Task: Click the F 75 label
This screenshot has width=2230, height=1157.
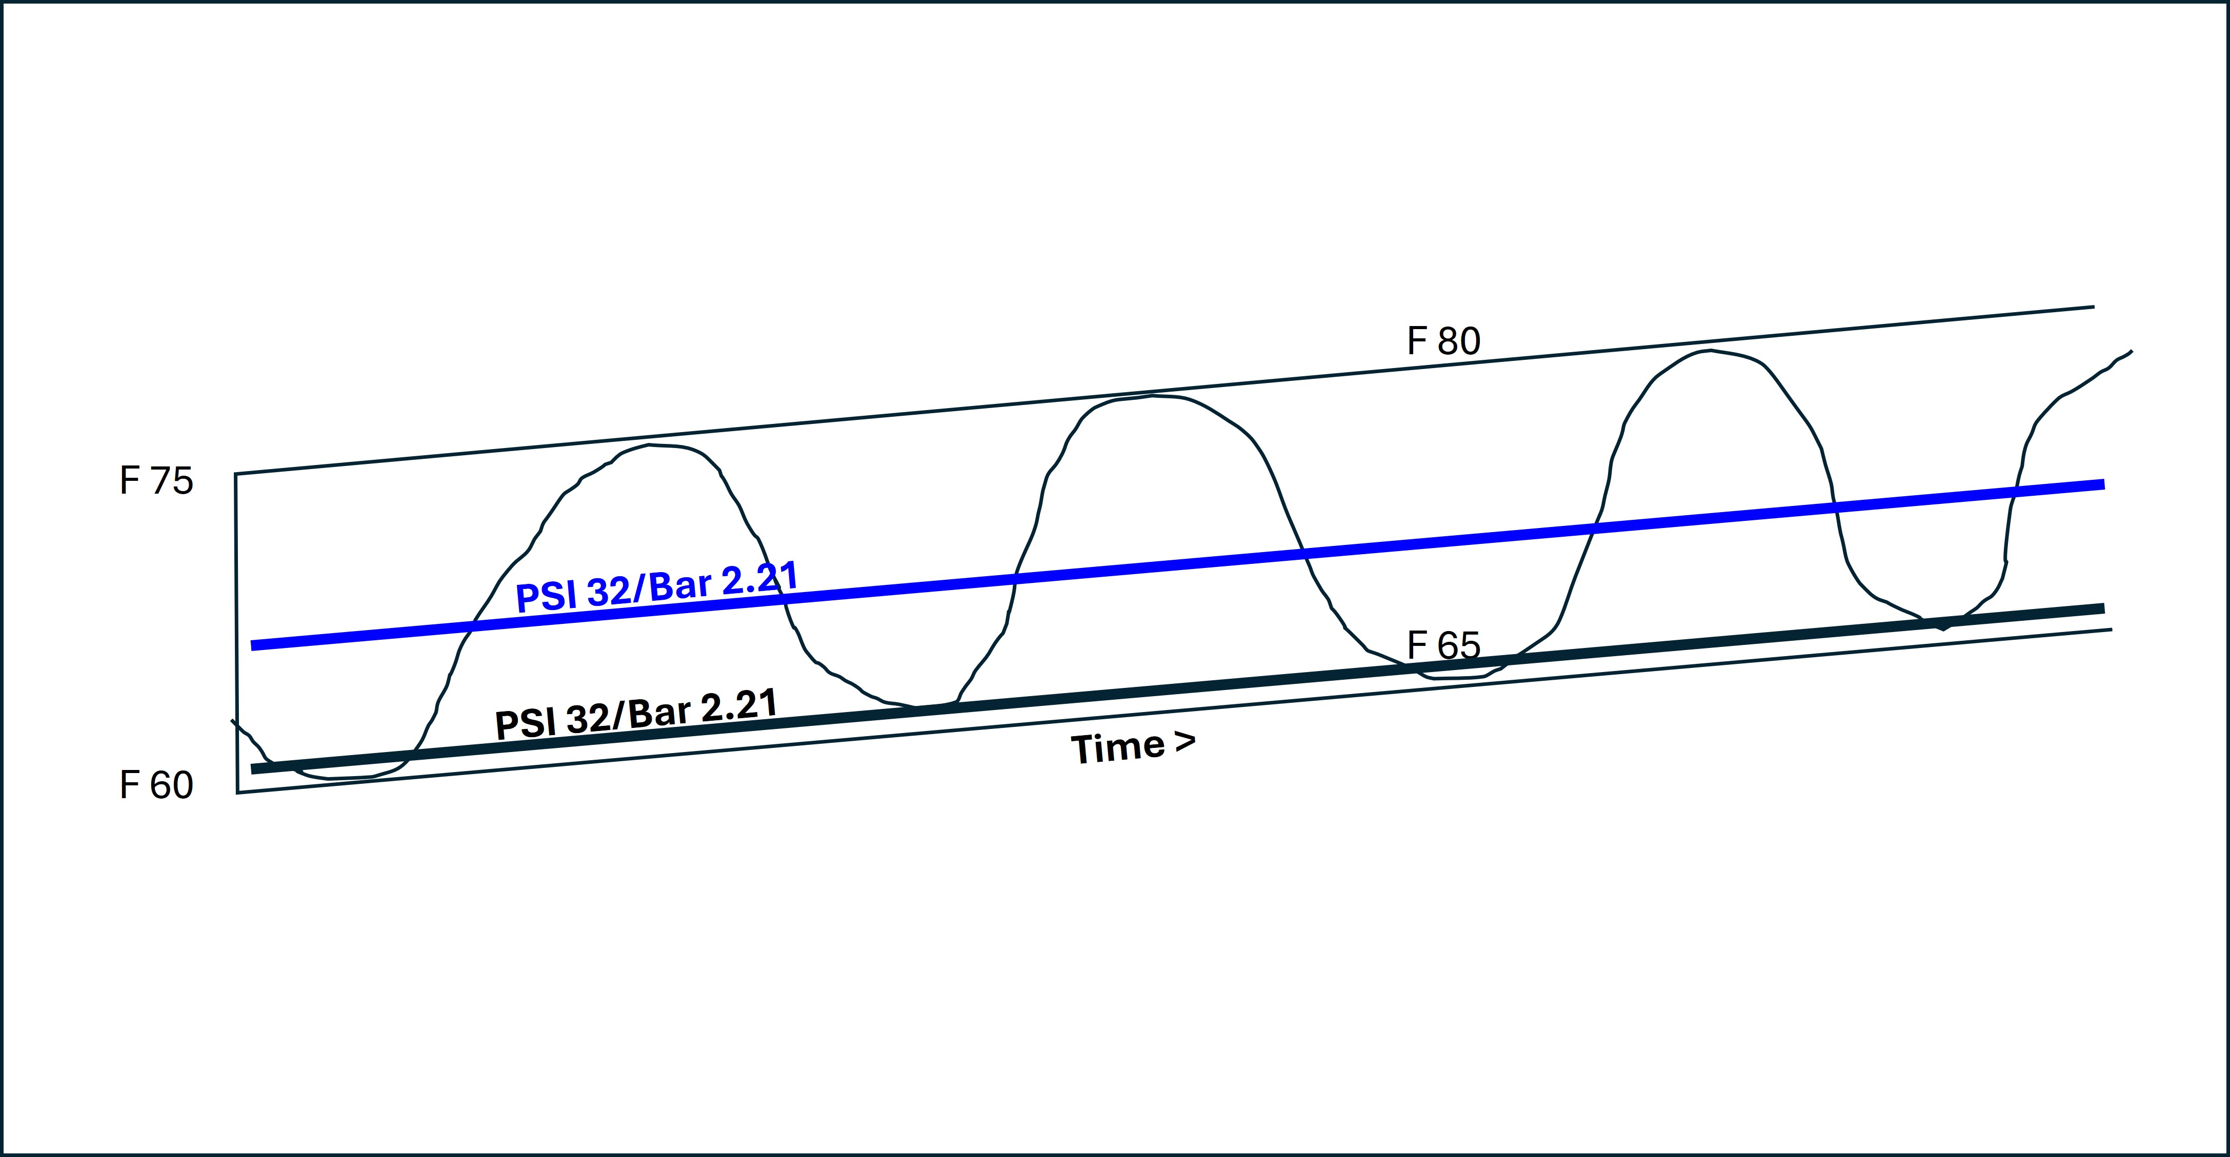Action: pos(157,481)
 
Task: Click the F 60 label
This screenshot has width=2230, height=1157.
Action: pos(157,785)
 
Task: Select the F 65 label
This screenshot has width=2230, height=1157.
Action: pos(1444,645)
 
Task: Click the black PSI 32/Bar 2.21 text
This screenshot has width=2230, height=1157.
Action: pos(636,714)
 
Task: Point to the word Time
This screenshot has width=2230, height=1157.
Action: pos(1118,748)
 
